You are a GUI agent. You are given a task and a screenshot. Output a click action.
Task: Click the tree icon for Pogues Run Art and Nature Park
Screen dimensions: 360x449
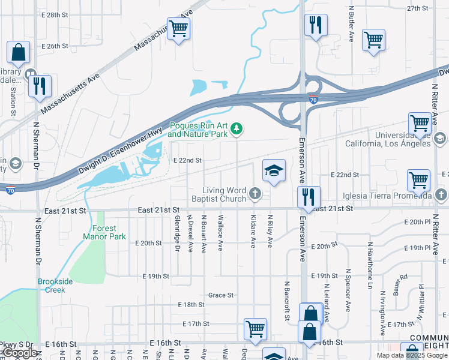[237, 128]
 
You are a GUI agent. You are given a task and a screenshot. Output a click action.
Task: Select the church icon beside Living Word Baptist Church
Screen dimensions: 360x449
[255, 193]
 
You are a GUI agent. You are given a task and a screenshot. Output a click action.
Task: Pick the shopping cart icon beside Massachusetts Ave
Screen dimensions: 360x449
[178, 28]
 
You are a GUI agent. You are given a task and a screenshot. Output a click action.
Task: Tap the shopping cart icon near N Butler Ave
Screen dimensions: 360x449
[373, 40]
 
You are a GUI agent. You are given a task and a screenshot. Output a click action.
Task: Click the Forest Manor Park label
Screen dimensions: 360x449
[101, 232]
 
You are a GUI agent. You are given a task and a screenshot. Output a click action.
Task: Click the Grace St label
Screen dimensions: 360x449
[220, 295]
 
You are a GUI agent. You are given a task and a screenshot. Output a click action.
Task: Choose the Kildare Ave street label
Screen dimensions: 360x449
[253, 232]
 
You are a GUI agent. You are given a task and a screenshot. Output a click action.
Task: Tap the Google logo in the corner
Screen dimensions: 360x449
[20, 353]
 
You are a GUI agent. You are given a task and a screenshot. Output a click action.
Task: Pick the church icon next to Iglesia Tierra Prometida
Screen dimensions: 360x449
[441, 195]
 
